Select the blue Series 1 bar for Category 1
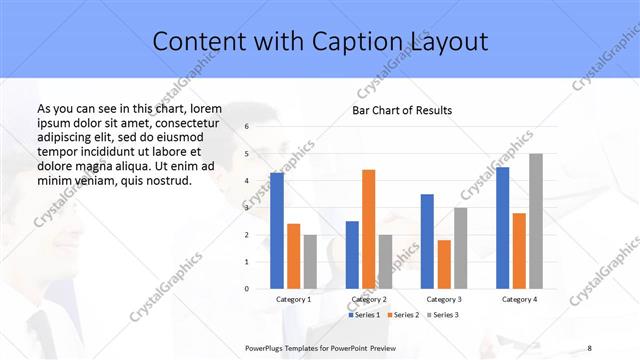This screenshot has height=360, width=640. click(277, 230)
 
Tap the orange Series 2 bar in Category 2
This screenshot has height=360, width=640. click(368, 229)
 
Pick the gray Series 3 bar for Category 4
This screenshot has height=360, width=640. click(536, 221)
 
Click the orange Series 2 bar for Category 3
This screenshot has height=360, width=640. click(444, 264)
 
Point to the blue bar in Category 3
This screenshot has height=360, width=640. click(427, 241)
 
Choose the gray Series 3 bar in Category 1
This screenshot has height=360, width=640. click(310, 261)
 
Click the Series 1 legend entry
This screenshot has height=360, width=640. click(364, 315)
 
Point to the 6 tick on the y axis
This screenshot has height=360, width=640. click(246, 127)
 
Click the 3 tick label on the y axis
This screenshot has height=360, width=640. click(246, 208)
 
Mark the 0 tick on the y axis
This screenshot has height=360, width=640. click(246, 289)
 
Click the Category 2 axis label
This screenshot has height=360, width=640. click(369, 299)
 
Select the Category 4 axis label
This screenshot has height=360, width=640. click(519, 299)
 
